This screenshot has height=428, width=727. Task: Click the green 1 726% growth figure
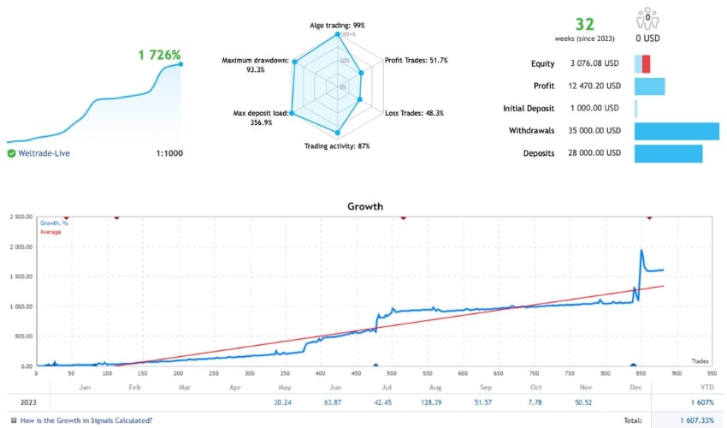[x=160, y=56]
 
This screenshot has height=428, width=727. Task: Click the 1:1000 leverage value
[x=168, y=153]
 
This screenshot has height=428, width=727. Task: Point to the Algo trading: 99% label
[x=337, y=26]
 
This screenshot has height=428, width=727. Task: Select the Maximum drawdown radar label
[x=255, y=65]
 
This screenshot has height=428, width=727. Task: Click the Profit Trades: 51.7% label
[x=417, y=61]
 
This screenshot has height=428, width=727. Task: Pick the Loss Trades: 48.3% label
[x=414, y=113]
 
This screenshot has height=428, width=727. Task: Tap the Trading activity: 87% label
[x=337, y=146]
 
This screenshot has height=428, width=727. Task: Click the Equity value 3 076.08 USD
[x=594, y=63]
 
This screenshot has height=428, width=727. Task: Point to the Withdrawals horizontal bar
[x=676, y=131]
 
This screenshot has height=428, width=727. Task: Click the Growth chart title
[x=365, y=206]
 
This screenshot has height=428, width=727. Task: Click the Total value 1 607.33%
[x=694, y=419]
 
